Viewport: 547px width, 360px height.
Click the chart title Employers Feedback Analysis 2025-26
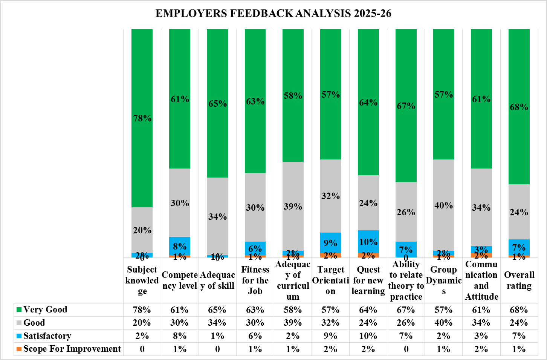point(273,14)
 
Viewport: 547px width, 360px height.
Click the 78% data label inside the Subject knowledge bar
point(142,118)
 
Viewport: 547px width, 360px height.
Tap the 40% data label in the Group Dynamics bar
point(443,205)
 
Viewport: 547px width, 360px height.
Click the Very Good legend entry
point(45,309)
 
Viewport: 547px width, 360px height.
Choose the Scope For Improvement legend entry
point(72,349)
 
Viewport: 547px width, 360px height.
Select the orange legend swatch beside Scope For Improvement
point(19,349)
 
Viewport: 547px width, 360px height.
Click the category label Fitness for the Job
point(255,280)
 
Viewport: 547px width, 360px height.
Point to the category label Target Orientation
point(330,280)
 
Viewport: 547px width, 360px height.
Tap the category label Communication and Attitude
point(481,280)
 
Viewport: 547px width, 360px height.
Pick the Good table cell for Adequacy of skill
point(217,323)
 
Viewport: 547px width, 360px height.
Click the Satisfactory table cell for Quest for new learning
point(368,336)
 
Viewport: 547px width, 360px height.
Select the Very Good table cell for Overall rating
point(519,310)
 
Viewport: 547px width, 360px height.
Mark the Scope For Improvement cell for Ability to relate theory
point(406,349)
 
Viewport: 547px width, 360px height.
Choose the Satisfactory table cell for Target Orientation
point(330,336)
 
